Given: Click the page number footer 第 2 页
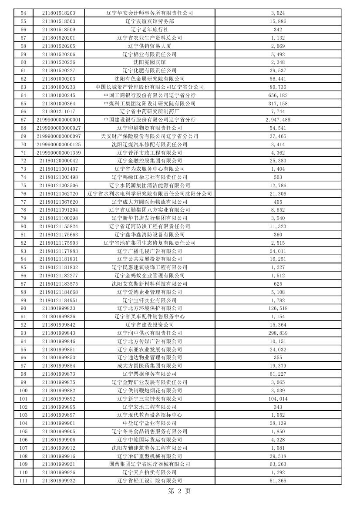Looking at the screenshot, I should coord(179,491).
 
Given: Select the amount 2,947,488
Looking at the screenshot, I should coord(278,120).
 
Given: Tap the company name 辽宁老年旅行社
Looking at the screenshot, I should coord(149,30).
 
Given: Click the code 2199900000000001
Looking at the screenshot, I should coord(58,120).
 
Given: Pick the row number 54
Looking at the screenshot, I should coord(24,13).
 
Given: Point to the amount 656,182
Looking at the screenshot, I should coord(278,95).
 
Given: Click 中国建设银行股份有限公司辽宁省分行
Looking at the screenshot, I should coord(149,120).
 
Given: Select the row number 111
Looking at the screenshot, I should coord(24,481).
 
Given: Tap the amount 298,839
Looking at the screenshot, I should coord(278,333).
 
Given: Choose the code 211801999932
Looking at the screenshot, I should coord(58,481).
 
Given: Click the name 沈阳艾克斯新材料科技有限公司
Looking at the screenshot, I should coord(149,284).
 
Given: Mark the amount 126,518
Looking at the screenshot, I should coord(278,309).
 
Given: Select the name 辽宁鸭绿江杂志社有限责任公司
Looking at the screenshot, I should coord(149,177).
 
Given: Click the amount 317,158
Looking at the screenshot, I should coord(278,104).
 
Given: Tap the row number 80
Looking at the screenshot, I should coord(24,226).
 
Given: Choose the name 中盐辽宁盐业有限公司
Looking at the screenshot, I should coord(149,423).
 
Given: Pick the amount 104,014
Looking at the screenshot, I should coord(278,399).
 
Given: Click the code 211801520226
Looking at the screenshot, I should coord(58,62).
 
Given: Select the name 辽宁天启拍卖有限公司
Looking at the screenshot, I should coord(149,472).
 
